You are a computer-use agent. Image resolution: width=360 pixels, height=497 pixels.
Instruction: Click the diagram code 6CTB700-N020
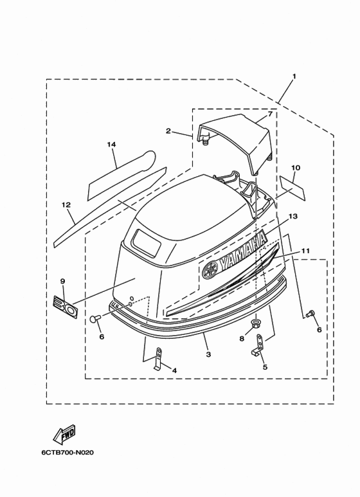(67, 453)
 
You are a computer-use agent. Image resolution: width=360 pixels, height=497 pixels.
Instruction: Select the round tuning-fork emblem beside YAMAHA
(210, 270)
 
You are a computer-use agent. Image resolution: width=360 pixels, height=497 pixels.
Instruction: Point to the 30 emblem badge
(66, 305)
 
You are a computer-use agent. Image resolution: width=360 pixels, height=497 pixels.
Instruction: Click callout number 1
(294, 77)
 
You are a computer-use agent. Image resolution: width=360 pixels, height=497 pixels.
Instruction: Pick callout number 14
(111, 145)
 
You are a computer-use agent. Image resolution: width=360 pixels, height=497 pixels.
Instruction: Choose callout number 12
(66, 205)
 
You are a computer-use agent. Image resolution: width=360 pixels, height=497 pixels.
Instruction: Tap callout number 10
(296, 168)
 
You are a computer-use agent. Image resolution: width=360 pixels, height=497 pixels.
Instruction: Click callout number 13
(293, 216)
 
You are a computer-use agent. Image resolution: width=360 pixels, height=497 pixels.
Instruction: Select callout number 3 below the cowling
(208, 354)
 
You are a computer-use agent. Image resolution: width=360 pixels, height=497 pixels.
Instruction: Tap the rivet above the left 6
(95, 318)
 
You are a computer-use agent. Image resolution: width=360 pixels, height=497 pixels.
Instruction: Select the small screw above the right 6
(310, 314)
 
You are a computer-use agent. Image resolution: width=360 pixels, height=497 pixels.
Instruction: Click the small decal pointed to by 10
(292, 188)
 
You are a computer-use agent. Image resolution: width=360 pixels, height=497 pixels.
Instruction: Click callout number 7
(270, 114)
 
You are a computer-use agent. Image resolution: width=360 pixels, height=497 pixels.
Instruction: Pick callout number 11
(305, 251)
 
